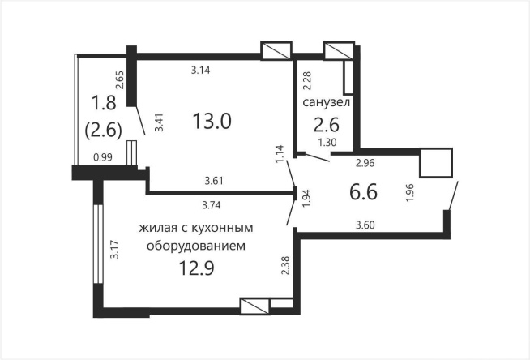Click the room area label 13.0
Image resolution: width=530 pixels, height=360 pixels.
[212, 122]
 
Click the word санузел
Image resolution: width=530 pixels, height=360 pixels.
[327, 103]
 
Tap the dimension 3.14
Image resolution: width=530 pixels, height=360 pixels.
[201, 71]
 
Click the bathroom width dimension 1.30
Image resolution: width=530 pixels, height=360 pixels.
[327, 143]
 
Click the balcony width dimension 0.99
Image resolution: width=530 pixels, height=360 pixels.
[103, 157]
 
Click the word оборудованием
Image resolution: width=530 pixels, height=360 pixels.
[194, 244]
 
